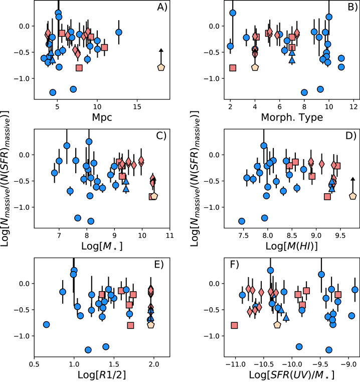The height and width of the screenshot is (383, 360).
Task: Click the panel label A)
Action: point(162,7)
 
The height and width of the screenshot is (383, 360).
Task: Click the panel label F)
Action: point(234,265)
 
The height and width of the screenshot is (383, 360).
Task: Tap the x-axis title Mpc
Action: point(102,117)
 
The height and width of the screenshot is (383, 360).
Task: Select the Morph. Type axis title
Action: point(292,117)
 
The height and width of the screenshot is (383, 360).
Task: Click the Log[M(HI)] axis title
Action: point(291,246)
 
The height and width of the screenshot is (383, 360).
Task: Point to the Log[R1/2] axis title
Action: point(102,375)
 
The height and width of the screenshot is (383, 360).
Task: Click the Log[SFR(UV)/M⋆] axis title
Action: point(291,375)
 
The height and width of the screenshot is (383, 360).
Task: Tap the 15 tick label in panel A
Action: point(137,107)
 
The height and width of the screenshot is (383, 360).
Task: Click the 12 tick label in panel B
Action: point(353,107)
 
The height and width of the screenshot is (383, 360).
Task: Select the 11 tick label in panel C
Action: point(169,235)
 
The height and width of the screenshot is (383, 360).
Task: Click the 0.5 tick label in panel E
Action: point(34,364)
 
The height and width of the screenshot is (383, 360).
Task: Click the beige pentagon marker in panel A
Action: point(161,67)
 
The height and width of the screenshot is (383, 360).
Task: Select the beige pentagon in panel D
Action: point(352,196)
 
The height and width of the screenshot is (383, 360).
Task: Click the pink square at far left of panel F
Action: point(234,325)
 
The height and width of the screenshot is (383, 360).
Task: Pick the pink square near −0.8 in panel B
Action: point(233,68)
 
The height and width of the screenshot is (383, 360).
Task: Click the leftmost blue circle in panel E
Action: point(46,325)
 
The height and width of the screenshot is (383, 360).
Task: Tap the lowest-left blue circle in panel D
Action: point(242,221)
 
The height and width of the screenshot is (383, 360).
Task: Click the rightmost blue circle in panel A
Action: point(119,32)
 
